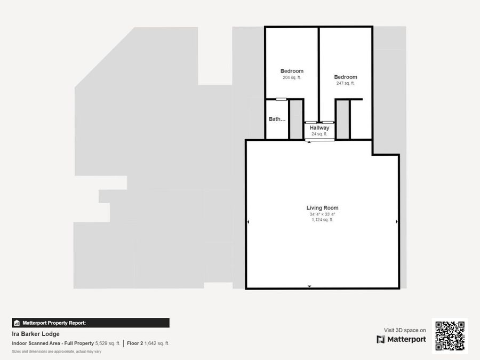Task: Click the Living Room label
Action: click(322, 208)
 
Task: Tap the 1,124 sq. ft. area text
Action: click(322, 220)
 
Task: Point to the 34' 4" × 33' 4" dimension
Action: click(322, 214)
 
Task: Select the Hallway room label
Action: click(319, 128)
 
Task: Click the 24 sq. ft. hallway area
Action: click(319, 134)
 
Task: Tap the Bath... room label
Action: click(277, 119)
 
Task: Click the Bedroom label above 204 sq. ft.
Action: click(292, 71)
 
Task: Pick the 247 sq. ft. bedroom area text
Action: click(346, 83)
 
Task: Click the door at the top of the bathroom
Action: click(281, 99)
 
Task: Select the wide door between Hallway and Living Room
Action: click(319, 140)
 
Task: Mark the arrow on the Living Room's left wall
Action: click(248, 221)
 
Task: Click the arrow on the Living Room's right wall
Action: click(396, 221)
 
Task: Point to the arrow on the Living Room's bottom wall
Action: click(309, 287)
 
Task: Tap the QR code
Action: click(450, 336)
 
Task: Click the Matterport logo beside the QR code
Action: click(401, 339)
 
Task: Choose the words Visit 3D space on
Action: click(405, 330)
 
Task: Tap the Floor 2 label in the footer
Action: click(134, 343)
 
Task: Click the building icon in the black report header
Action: click(17, 323)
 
